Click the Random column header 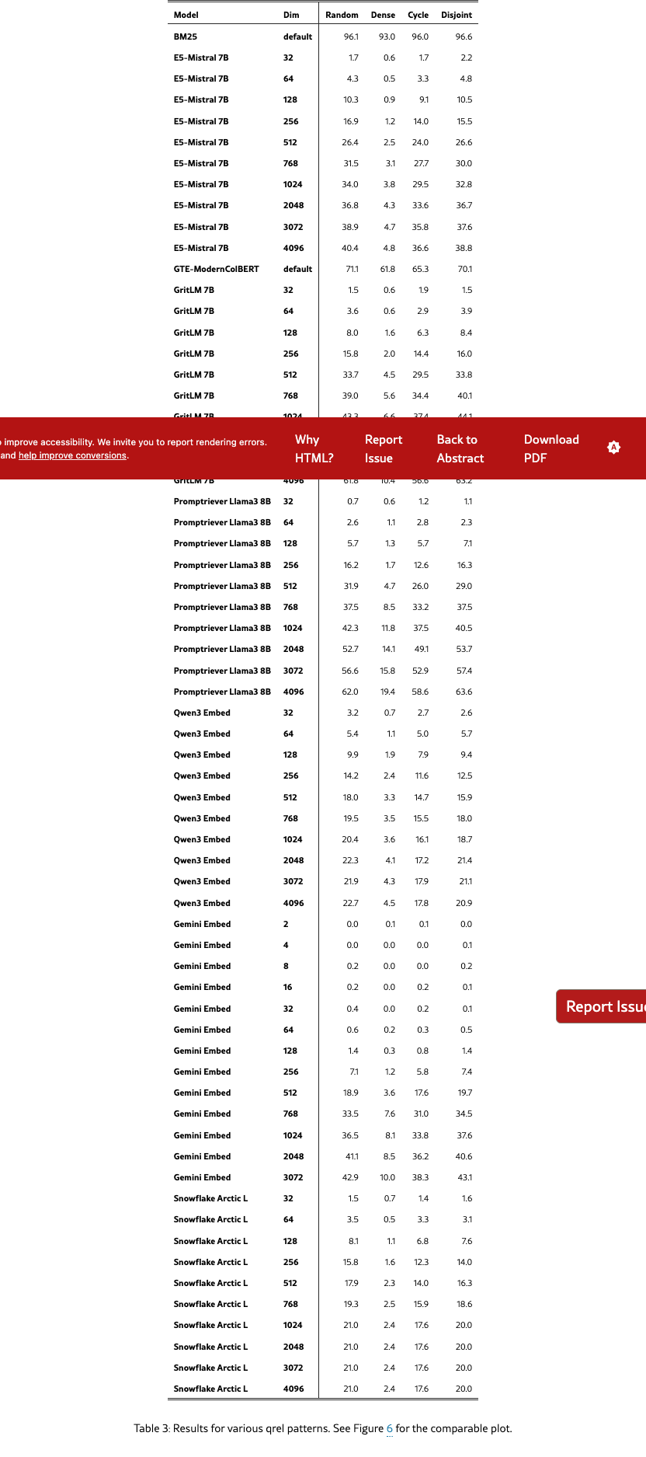[342, 15]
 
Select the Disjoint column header [457, 15]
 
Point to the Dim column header [291, 15]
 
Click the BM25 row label [186, 37]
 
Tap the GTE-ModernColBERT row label [216, 269]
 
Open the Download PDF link [551, 449]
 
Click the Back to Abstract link [460, 449]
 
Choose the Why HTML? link [314, 449]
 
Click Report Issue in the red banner [383, 449]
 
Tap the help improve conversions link [72, 455]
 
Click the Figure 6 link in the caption [390, 1428]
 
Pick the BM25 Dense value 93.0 [387, 37]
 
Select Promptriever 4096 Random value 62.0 [350, 692]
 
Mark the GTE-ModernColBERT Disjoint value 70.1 [464, 269]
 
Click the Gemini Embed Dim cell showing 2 [286, 924]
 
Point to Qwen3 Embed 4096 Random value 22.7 [350, 903]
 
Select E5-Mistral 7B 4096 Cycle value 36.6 [420, 248]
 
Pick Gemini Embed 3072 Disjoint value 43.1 [464, 1177]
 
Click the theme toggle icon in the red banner [613, 448]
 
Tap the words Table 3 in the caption [151, 1428]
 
